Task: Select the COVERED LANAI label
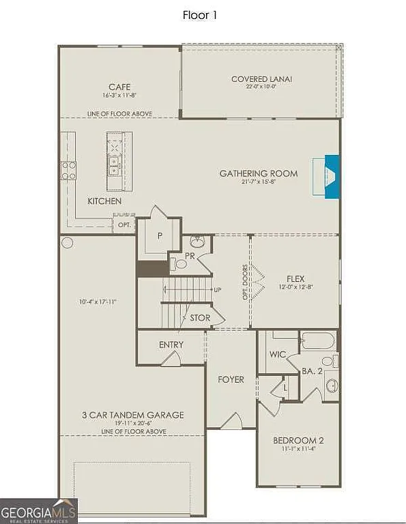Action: tap(261, 79)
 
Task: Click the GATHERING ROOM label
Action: tap(259, 173)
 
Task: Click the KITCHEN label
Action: tap(104, 201)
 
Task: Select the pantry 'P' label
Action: tap(160, 234)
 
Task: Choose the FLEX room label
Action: tap(295, 278)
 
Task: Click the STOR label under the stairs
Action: tap(200, 318)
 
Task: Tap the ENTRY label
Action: tap(171, 345)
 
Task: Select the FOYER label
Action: tap(231, 379)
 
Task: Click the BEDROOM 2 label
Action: tap(298, 441)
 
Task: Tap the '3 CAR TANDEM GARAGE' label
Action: tap(134, 415)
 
